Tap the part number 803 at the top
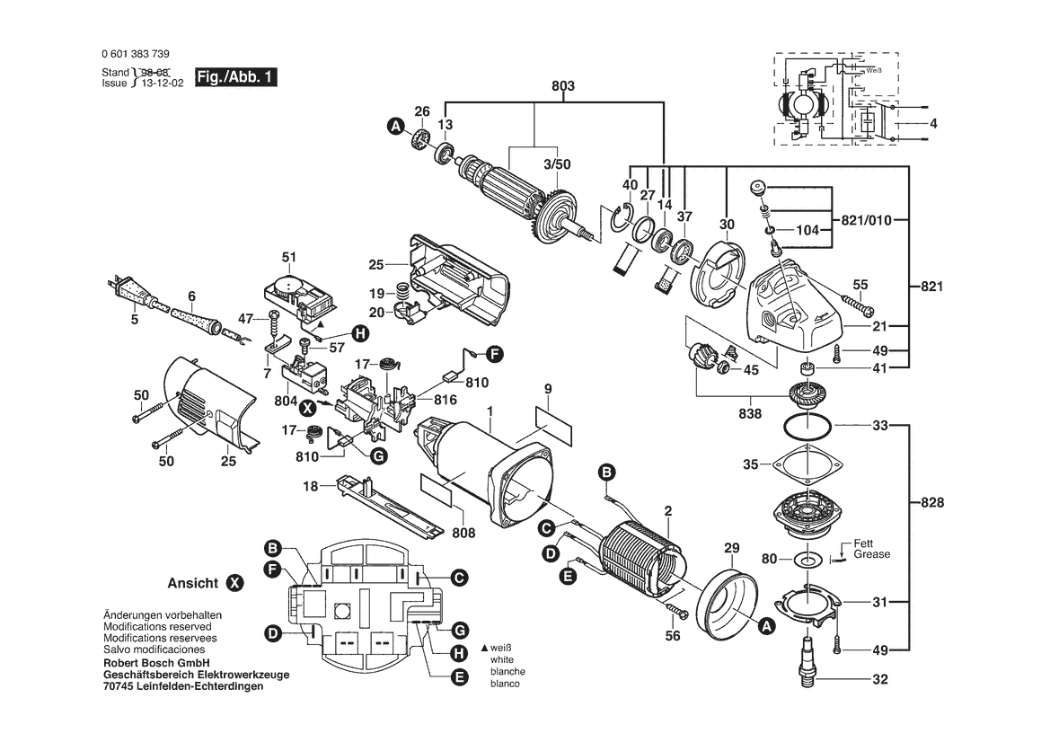[x=563, y=87]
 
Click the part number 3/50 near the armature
[x=556, y=165]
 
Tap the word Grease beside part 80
[x=871, y=555]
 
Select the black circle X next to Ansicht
[x=234, y=583]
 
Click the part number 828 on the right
[x=933, y=503]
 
